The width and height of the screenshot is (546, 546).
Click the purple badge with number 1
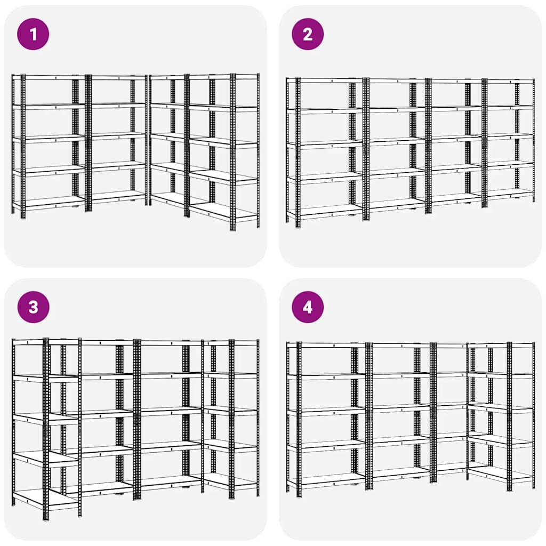[x=33, y=34]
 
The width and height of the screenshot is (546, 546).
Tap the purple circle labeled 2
[x=308, y=34]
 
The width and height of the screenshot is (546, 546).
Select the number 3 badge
[x=33, y=307]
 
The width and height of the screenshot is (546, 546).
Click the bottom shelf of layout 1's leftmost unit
[x=51, y=202]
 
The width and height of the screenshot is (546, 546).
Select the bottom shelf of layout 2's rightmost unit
[x=509, y=192]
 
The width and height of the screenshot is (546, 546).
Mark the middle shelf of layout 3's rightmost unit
[x=230, y=411]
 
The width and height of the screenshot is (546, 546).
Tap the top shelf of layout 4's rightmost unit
[x=501, y=345]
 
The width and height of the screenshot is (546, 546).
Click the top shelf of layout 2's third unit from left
[x=456, y=81]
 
